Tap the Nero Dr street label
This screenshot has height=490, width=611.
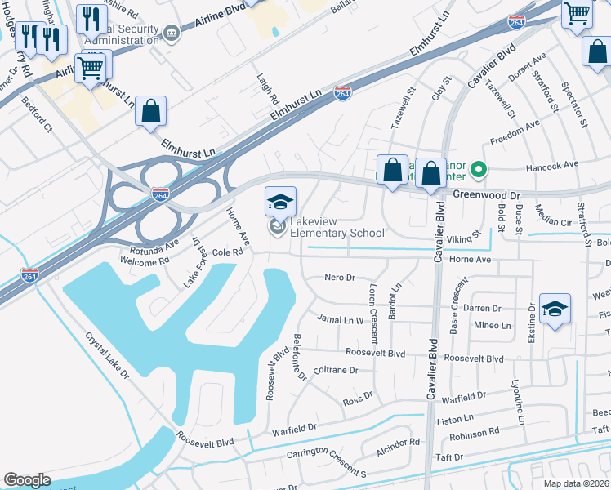pyautogui.click(x=340, y=278)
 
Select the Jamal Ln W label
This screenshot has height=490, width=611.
pyautogui.click(x=340, y=320)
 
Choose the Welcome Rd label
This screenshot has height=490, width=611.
pyautogui.click(x=144, y=261)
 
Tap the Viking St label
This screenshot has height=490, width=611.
pyautogui.click(x=464, y=239)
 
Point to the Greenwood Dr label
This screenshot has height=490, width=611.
pyautogui.click(x=487, y=196)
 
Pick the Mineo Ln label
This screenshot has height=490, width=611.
pyautogui.click(x=493, y=325)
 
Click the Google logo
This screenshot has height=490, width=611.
pyautogui.click(x=27, y=480)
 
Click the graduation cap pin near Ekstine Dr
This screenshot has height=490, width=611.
pyautogui.click(x=555, y=310)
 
